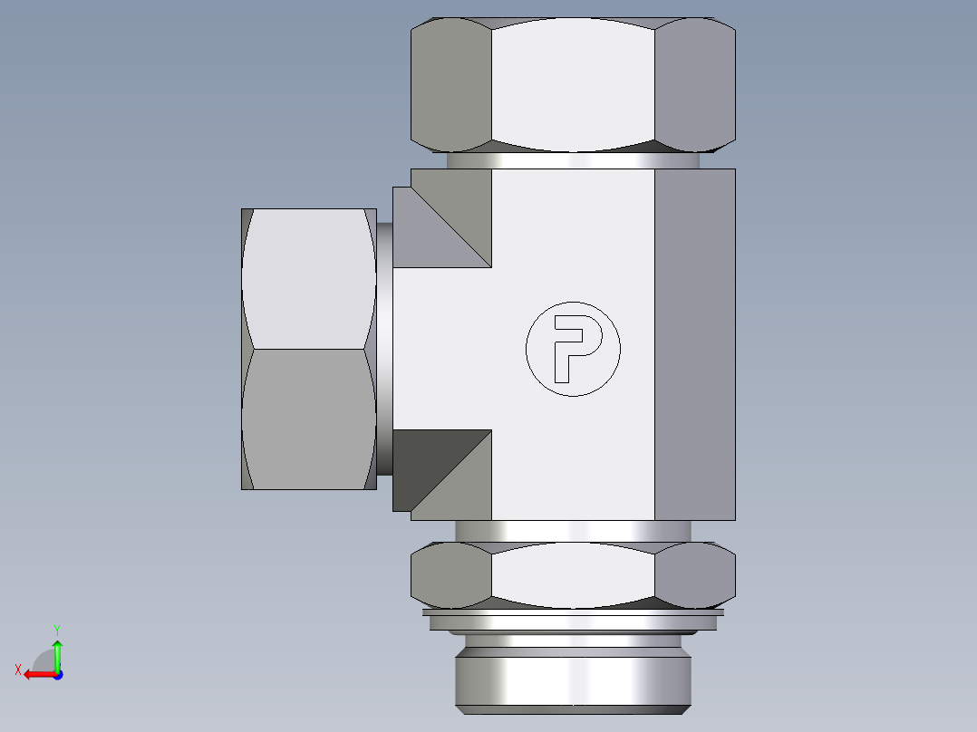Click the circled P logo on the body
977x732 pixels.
pos(573,349)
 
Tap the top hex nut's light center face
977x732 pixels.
pos(573,83)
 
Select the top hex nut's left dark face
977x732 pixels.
pos(450,83)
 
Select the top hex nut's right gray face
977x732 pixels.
pos(692,83)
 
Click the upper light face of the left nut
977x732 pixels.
pos(308,278)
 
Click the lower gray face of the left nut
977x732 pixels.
pos(308,419)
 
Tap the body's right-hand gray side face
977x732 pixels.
pos(693,344)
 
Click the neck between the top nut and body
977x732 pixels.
pos(573,160)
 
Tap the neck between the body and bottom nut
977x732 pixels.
pos(573,531)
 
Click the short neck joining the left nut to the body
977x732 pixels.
pos(384,349)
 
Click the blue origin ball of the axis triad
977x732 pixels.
pos(57,674)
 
